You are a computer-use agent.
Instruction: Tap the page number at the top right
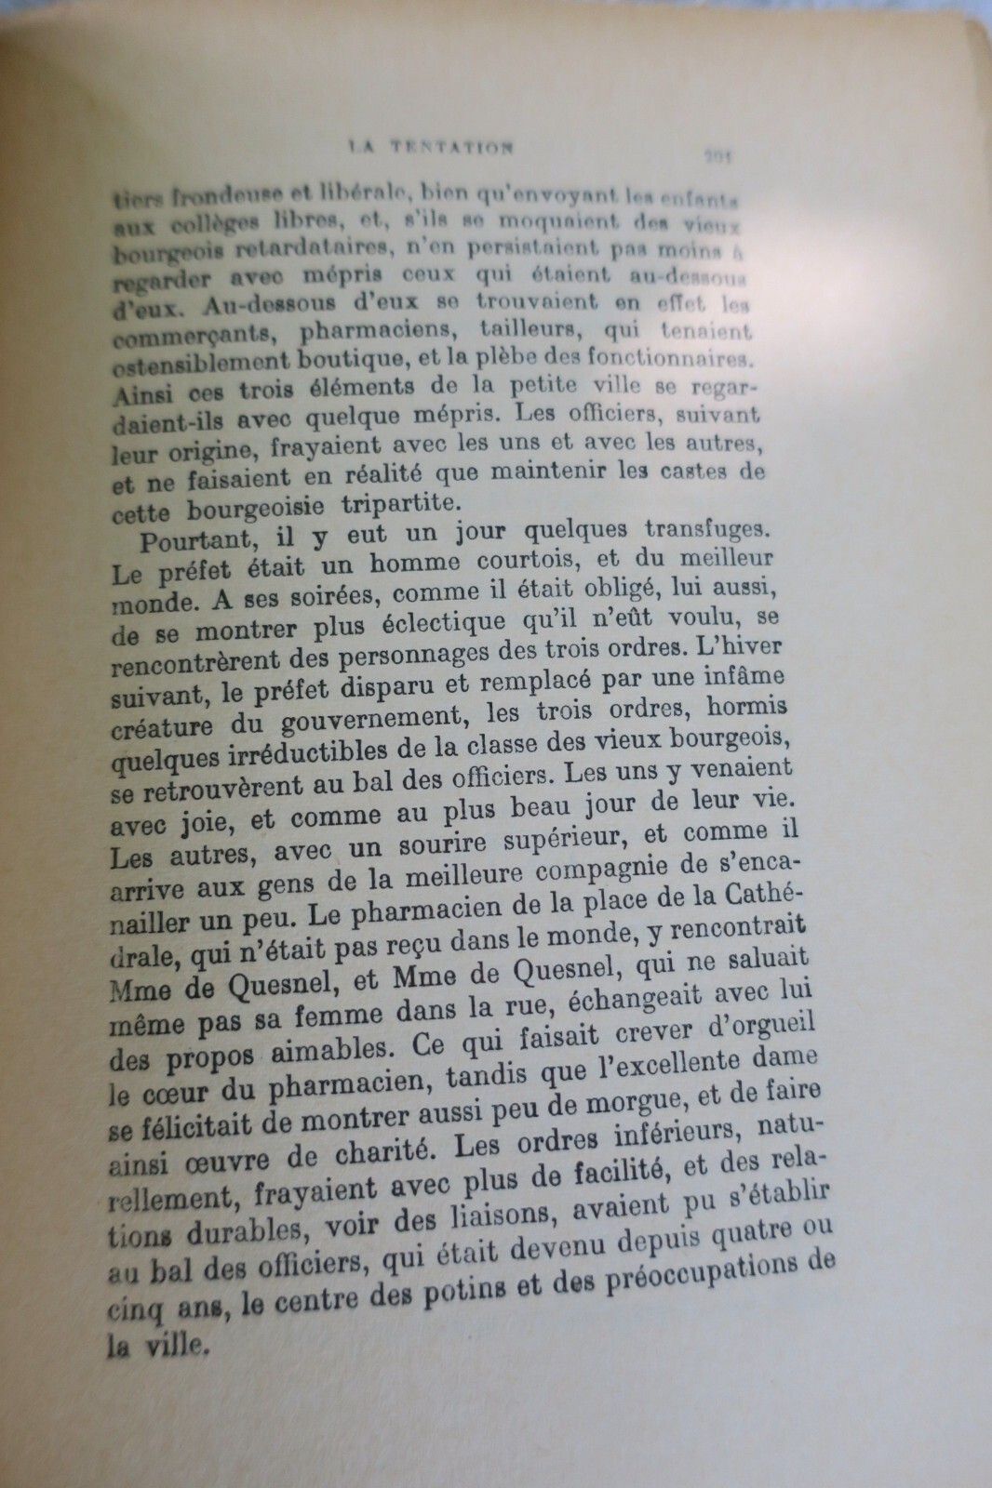(720, 156)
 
